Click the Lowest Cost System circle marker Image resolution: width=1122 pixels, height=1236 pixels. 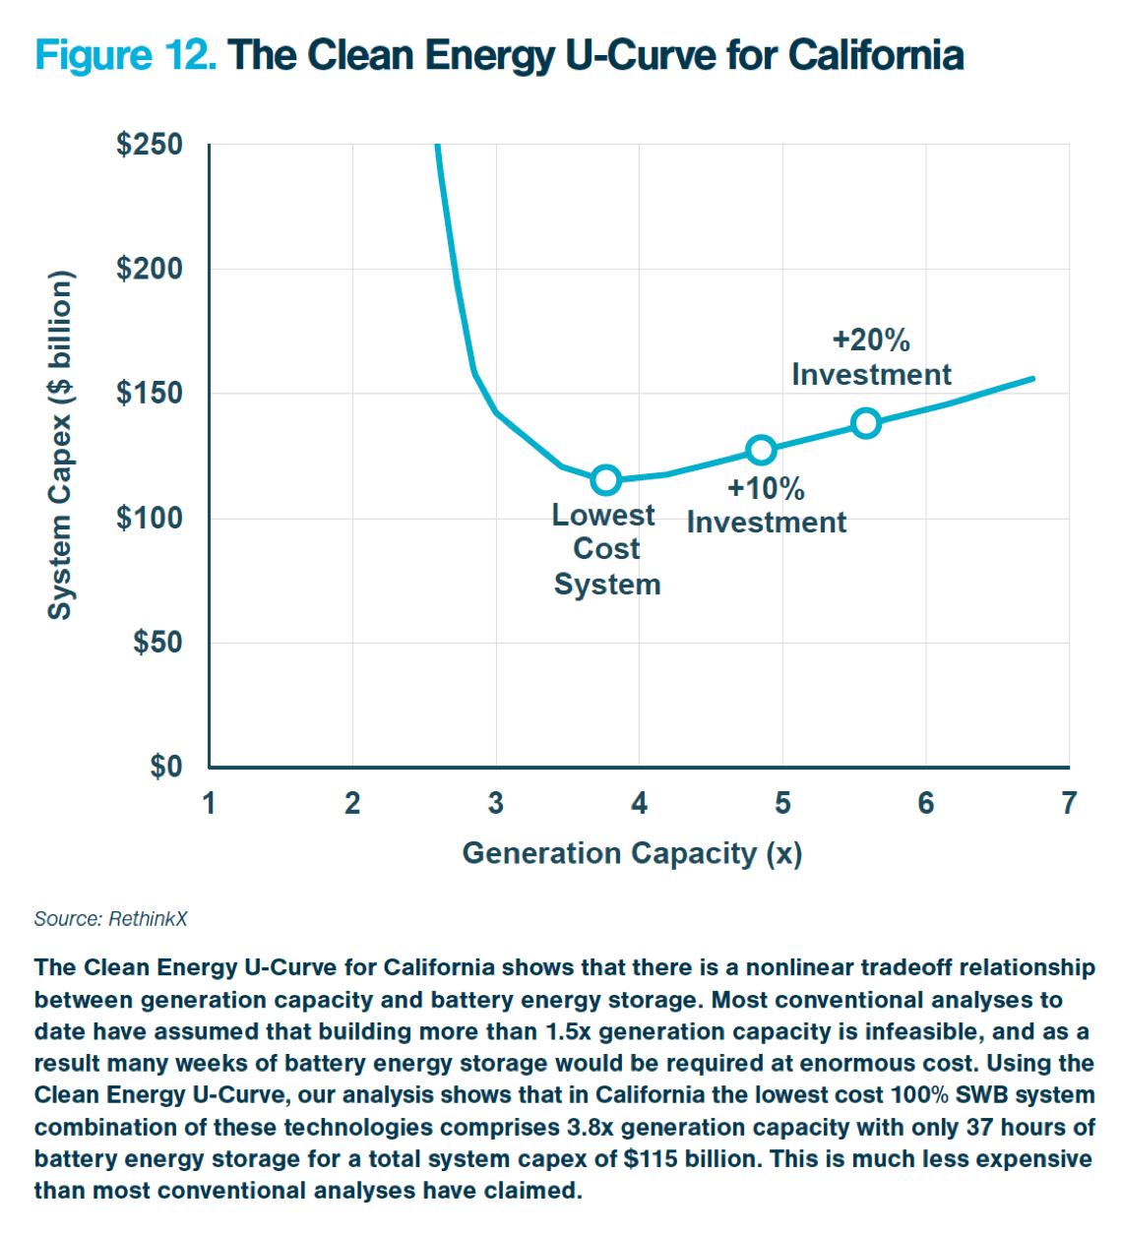[x=606, y=480]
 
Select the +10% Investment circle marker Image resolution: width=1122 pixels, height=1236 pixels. [x=761, y=451]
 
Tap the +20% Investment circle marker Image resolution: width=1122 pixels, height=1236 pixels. [x=866, y=423]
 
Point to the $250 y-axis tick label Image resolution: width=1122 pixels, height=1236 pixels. [x=150, y=145]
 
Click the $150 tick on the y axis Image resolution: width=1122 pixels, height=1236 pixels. [x=150, y=394]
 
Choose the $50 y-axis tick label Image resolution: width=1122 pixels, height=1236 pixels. [x=157, y=643]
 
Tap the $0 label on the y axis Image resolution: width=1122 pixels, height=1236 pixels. [x=166, y=766]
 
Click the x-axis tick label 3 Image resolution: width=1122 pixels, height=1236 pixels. [x=496, y=804]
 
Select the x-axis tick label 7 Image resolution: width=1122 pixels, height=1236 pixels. [x=1069, y=804]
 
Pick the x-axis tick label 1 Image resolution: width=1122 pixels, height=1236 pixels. [x=210, y=804]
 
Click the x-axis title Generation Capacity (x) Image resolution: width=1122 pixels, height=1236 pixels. [x=632, y=853]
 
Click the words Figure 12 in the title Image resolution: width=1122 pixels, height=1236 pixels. [x=125, y=55]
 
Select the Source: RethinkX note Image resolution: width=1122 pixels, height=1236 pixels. [x=110, y=919]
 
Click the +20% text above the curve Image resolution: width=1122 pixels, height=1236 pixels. [x=871, y=340]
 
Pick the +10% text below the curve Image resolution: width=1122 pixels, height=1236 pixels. [x=766, y=489]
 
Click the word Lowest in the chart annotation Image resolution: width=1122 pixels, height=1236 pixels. [x=603, y=516]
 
